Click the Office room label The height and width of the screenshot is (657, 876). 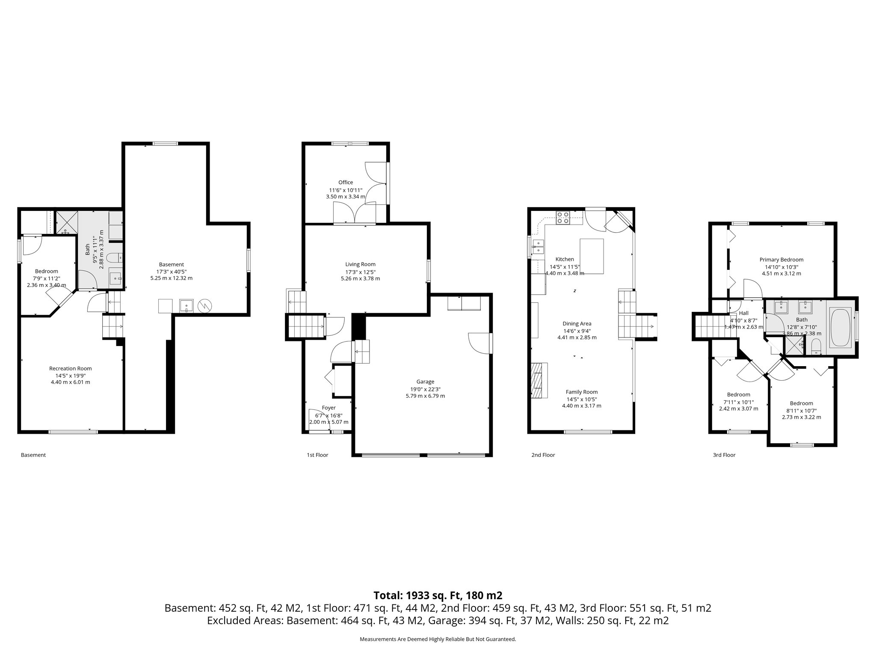pyautogui.click(x=346, y=183)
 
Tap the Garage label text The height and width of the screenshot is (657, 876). pyautogui.click(x=425, y=382)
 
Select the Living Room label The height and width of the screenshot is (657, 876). pyautogui.click(x=360, y=264)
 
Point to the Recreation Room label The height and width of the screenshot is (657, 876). pyautogui.click(x=71, y=369)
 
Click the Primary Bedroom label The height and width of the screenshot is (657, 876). pyautogui.click(x=781, y=260)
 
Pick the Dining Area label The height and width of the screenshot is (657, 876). pyautogui.click(x=577, y=324)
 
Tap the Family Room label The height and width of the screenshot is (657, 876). pyautogui.click(x=581, y=392)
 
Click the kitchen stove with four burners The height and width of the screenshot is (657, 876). pyautogui.click(x=562, y=218)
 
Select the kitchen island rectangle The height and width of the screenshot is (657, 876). pyautogui.click(x=592, y=256)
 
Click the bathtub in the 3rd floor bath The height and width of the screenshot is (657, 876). pyautogui.click(x=840, y=327)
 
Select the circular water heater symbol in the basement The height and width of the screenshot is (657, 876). pyautogui.click(x=204, y=306)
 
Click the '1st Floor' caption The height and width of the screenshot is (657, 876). pyautogui.click(x=317, y=455)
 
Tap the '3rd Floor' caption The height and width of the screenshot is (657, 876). pyautogui.click(x=724, y=455)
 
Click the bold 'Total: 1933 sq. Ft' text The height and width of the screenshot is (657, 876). pyautogui.click(x=438, y=595)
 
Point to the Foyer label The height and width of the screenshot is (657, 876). pyautogui.click(x=328, y=408)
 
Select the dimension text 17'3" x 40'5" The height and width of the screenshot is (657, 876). pyautogui.click(x=171, y=271)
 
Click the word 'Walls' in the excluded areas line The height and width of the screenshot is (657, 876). pyautogui.click(x=568, y=621)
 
